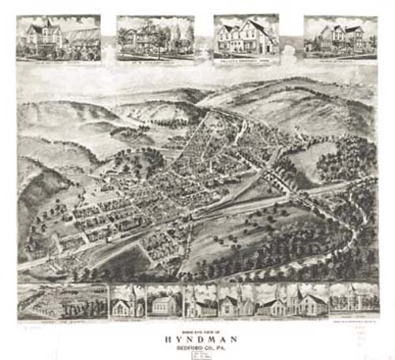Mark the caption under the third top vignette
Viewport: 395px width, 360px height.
[246, 58]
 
